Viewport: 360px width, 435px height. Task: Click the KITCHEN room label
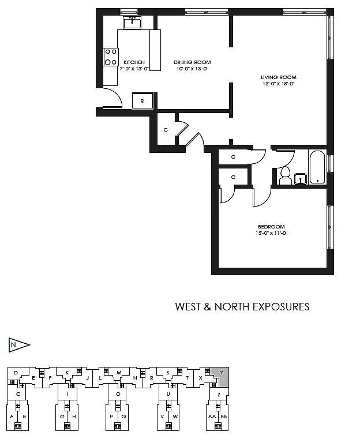[x=133, y=62]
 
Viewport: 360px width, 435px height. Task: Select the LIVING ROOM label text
[x=278, y=77]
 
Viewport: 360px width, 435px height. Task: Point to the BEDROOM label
[x=272, y=227]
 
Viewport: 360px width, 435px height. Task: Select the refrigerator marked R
[x=142, y=102]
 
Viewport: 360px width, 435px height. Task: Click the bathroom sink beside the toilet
[x=300, y=179]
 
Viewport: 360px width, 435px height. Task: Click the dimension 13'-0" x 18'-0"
[x=278, y=84]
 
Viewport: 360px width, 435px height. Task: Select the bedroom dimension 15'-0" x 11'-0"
[x=272, y=234]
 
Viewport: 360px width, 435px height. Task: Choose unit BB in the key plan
[x=224, y=416]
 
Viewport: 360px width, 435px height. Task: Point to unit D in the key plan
[x=16, y=373]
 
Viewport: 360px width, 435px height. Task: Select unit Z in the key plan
[x=219, y=395]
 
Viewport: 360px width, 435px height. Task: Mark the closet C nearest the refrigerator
[x=166, y=130]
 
